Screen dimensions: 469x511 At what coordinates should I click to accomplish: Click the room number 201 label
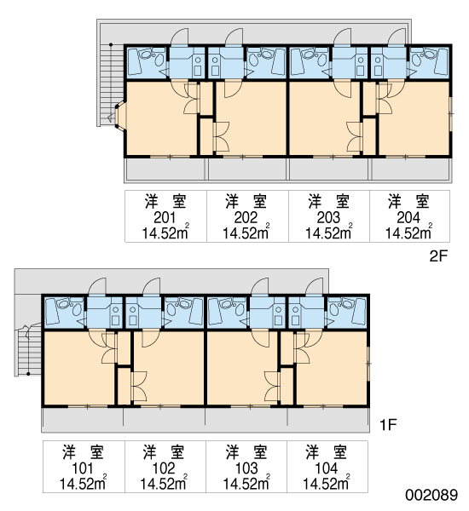tap(165, 217)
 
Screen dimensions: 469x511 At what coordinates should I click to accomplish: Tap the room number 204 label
tap(408, 217)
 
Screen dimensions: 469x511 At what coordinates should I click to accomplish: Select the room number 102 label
tap(164, 468)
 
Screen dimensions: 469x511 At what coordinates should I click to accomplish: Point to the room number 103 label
tap(246, 468)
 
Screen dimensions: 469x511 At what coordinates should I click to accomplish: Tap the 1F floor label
tap(388, 425)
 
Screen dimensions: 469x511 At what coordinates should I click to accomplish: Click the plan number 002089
tap(431, 495)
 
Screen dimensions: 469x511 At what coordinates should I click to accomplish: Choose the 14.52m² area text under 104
tap(327, 483)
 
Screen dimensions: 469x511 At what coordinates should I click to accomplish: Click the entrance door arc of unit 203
tap(342, 36)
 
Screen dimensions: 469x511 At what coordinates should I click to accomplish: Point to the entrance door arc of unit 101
tap(97, 286)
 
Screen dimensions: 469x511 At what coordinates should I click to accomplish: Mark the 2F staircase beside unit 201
tap(111, 84)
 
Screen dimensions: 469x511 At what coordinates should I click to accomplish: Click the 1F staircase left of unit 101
tap(29, 349)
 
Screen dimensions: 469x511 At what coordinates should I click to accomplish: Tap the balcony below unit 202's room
tap(247, 169)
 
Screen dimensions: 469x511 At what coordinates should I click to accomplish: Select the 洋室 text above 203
tap(328, 201)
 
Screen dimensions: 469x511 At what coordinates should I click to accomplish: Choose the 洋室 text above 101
tap(83, 452)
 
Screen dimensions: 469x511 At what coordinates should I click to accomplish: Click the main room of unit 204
tap(414, 118)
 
